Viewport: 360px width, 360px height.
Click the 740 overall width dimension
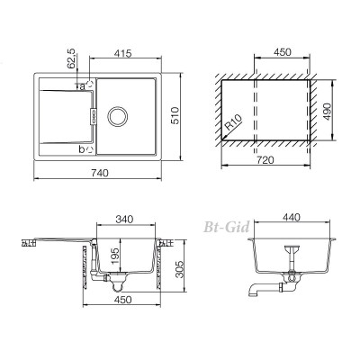tap(99, 173)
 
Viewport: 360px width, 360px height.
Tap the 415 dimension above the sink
tap(122, 53)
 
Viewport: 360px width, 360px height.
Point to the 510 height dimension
tap(175, 115)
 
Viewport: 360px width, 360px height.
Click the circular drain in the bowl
tap(118, 116)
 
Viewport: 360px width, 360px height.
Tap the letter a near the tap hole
tap(82, 87)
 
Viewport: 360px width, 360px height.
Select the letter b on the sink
tap(82, 149)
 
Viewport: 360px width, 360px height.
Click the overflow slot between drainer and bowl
tap(94, 116)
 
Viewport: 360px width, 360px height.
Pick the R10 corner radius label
tap(233, 123)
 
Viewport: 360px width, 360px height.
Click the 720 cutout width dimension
tap(265, 160)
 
